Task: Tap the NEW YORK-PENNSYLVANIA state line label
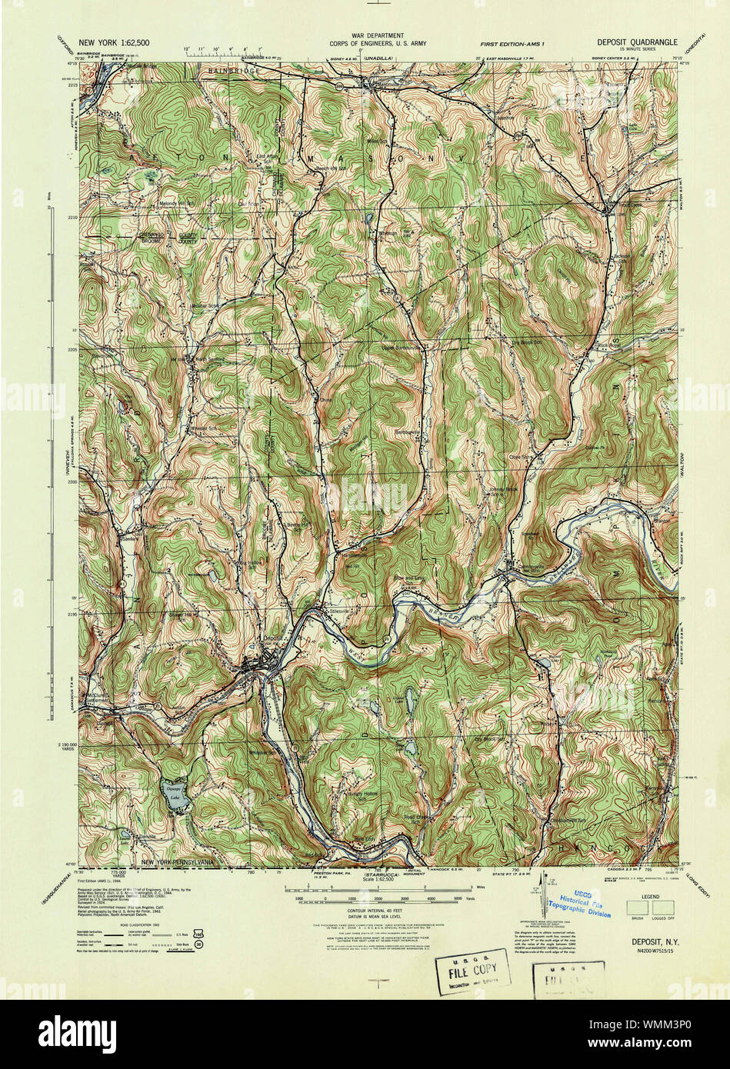point(182,862)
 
